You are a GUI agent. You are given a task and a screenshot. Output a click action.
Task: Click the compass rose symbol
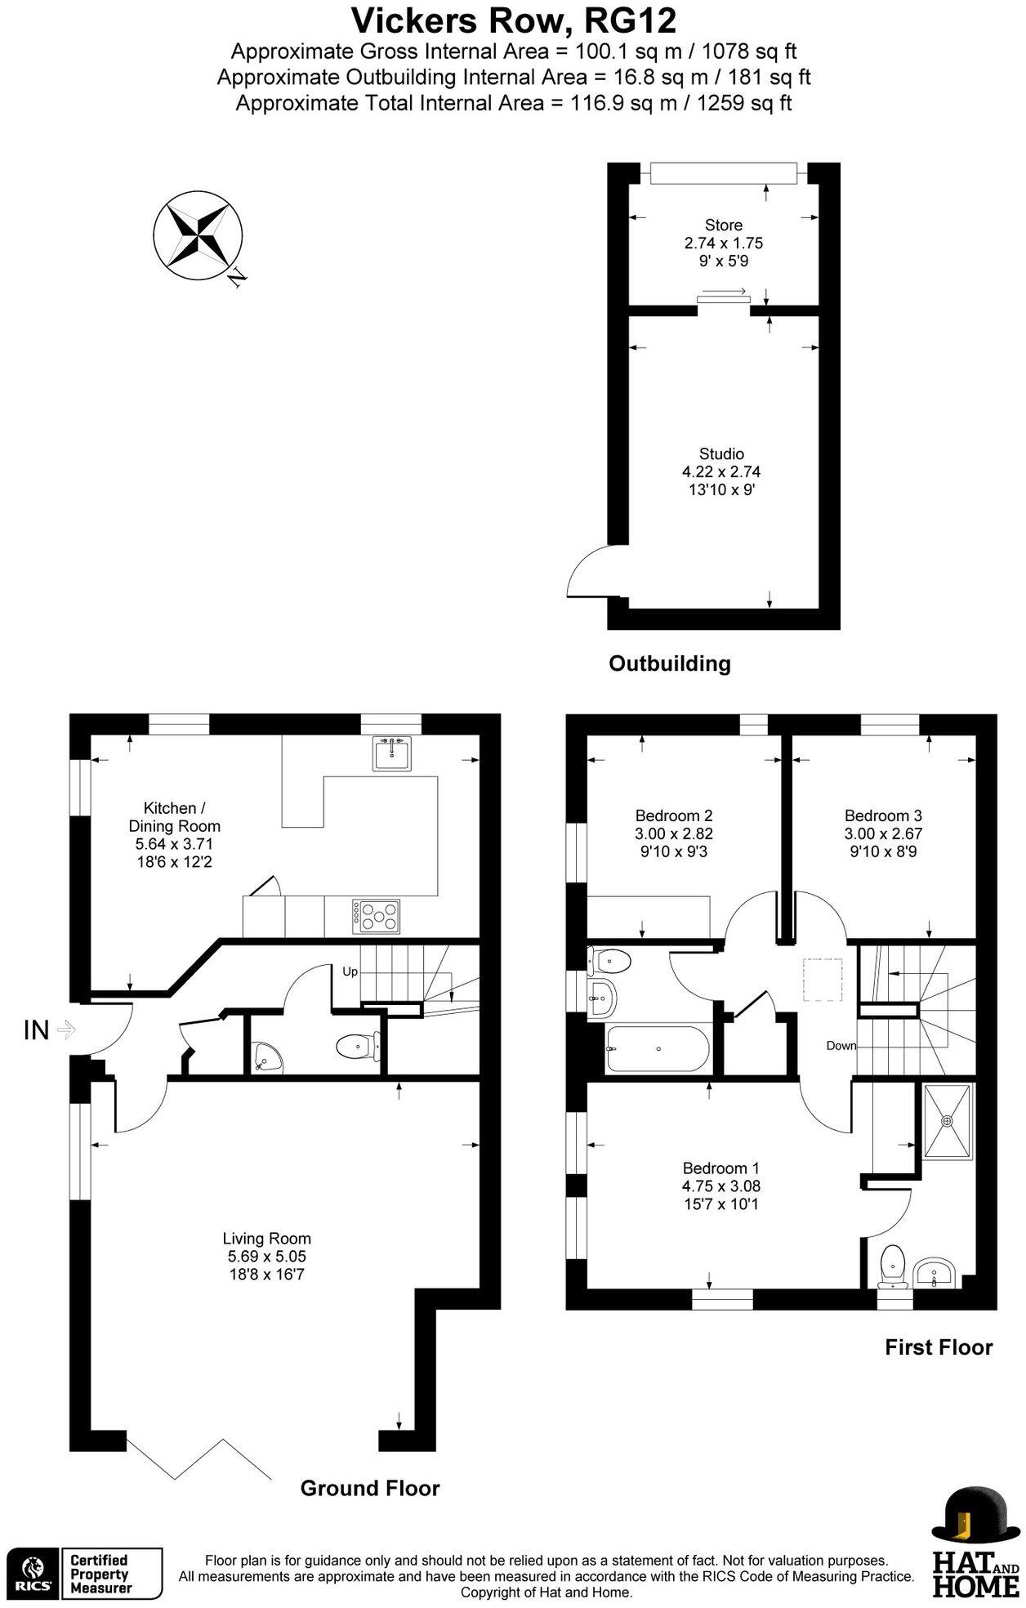click(199, 235)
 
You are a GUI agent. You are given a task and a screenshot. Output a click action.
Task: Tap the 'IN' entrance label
click(37, 1030)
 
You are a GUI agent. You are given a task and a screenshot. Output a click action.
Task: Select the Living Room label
click(266, 1238)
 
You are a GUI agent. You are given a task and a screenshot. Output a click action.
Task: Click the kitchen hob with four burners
click(377, 916)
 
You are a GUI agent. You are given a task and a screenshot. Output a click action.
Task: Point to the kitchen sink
click(393, 753)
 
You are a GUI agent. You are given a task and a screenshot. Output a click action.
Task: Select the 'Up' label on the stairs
click(350, 971)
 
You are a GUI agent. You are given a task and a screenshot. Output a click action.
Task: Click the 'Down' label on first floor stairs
click(841, 1045)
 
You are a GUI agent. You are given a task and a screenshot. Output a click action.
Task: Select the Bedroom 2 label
click(674, 815)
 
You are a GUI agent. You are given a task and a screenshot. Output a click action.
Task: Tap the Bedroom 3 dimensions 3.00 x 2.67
click(883, 833)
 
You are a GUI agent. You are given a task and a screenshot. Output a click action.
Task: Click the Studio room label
click(721, 453)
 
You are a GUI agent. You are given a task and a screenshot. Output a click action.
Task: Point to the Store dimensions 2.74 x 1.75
click(723, 243)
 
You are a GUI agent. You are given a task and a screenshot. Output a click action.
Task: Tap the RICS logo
click(33, 1572)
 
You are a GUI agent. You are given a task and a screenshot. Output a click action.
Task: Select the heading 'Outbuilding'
click(670, 663)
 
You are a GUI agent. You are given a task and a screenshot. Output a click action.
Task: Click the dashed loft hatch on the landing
click(823, 980)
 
